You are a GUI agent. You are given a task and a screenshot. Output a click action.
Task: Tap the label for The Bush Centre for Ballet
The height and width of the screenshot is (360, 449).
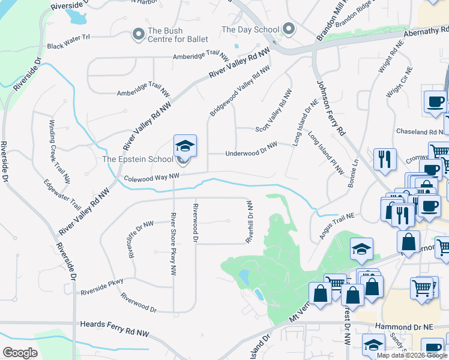point(178,35)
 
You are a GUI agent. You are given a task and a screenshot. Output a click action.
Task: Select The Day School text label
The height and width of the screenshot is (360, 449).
point(250,29)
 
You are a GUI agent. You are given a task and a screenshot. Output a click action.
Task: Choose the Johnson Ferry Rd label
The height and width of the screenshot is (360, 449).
point(331,109)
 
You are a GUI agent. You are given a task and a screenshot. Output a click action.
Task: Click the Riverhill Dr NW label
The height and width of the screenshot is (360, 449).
point(249,222)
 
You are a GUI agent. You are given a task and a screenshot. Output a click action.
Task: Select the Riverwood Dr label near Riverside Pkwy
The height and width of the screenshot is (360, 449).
point(139,303)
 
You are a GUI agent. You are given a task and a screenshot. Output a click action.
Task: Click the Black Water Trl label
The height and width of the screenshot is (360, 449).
point(68,41)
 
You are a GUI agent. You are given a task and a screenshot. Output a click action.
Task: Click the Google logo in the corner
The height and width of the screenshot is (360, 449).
point(20,352)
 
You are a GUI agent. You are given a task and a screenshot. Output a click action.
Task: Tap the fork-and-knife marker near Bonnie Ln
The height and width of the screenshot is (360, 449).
point(384,160)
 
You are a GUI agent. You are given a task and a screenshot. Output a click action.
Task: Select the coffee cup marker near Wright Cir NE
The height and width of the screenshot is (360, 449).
point(435,101)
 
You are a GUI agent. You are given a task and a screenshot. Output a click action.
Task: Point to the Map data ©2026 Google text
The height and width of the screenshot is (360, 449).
point(412,355)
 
